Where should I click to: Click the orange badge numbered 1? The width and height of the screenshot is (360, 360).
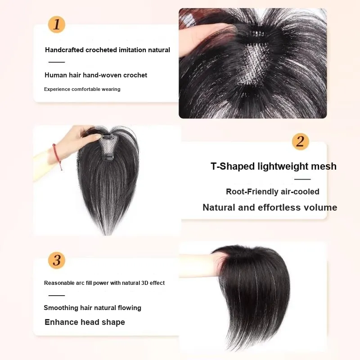[57, 25]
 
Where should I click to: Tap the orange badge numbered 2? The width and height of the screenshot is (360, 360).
[301, 141]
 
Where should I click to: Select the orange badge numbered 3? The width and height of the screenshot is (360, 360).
[57, 261]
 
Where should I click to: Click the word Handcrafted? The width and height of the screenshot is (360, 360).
[64, 50]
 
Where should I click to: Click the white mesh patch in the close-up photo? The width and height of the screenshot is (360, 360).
[254, 63]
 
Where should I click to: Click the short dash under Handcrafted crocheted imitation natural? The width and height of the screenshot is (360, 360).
[57, 62]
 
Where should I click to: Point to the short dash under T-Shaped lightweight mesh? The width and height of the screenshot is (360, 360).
[302, 179]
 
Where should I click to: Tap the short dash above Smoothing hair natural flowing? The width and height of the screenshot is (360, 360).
[57, 296]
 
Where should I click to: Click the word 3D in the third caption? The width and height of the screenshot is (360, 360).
[144, 283]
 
